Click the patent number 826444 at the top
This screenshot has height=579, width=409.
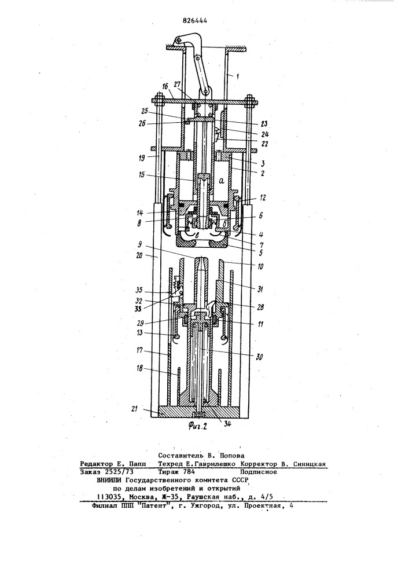[x=195, y=21]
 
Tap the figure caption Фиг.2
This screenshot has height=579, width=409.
[x=197, y=426]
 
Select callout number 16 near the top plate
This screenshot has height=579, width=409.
[x=164, y=86]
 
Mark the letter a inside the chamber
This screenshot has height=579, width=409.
[x=222, y=181]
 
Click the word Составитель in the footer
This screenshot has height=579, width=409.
[x=178, y=456]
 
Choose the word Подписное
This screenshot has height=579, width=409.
[x=259, y=472]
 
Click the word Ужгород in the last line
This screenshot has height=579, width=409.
[x=205, y=506]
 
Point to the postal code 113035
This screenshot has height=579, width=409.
[x=108, y=497]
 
